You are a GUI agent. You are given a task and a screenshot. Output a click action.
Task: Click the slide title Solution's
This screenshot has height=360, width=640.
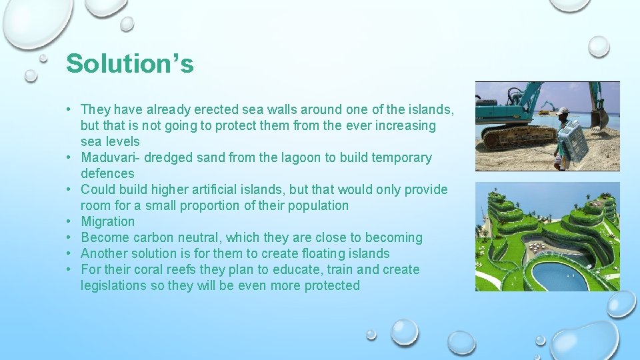[130, 64]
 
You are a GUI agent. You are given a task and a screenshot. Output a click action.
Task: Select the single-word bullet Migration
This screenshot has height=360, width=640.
[107, 221]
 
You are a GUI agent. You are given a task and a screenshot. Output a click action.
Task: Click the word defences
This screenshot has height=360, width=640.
[107, 173]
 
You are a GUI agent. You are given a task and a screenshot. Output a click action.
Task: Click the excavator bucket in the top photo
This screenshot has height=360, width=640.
[598, 119]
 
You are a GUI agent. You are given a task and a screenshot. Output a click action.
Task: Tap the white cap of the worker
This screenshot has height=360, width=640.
[564, 111]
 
